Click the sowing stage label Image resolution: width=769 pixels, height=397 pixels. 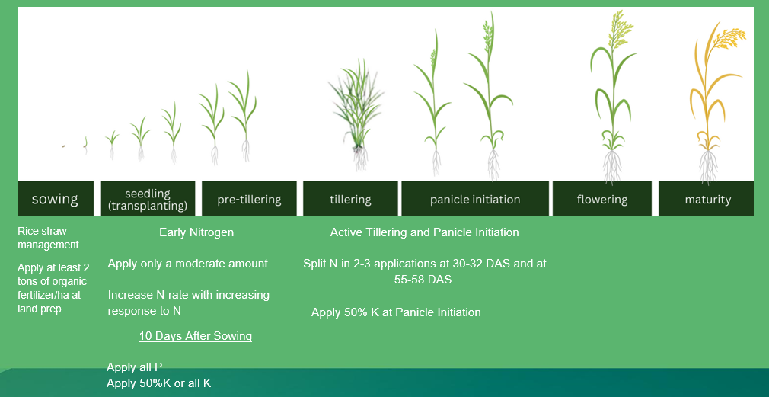click(56, 198)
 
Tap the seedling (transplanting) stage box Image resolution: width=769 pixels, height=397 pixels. click(148, 198)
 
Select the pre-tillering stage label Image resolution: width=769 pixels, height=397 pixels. click(249, 198)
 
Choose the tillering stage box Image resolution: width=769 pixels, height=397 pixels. click(350, 198)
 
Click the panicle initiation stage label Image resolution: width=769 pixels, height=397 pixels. click(475, 198)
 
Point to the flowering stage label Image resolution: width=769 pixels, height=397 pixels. click(602, 198)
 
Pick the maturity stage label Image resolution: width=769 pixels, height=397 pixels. click(707, 198)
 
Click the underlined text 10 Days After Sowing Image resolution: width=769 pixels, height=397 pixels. click(195, 336)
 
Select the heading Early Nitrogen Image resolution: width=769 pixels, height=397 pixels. click(196, 232)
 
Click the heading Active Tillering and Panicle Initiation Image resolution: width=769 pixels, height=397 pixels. click(425, 232)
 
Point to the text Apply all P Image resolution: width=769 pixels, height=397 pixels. click(134, 367)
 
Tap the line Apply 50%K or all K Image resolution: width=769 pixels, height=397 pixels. click(159, 383)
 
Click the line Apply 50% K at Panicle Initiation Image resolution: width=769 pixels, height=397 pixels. click(396, 312)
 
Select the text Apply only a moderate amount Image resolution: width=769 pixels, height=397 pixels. click(188, 264)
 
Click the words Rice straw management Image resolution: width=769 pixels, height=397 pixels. click(48, 238)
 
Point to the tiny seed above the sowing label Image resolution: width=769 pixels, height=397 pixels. click(64, 146)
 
